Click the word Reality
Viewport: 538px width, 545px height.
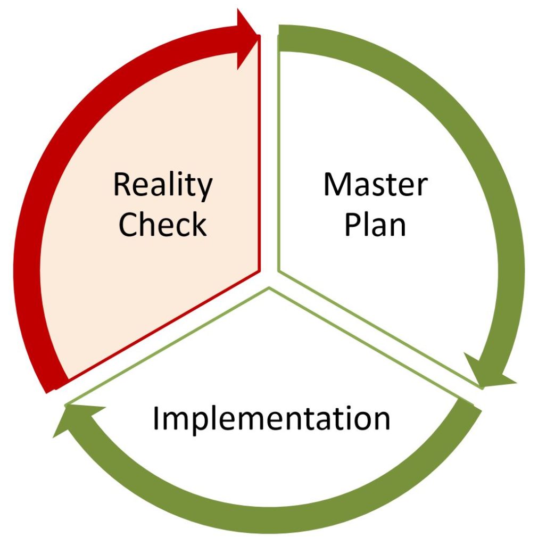pos(163,186)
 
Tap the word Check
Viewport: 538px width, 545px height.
pos(163,224)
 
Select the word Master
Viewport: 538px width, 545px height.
pos(375,184)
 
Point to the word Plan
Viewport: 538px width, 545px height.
pos(375,224)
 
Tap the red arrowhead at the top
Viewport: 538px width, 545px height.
pos(247,38)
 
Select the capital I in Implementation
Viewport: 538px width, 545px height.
pos(156,418)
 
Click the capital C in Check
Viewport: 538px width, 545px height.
pos(129,224)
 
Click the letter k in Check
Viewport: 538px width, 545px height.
pos(199,224)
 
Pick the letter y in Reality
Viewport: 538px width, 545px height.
pos(203,190)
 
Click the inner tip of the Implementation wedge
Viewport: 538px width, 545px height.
pos(269,287)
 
